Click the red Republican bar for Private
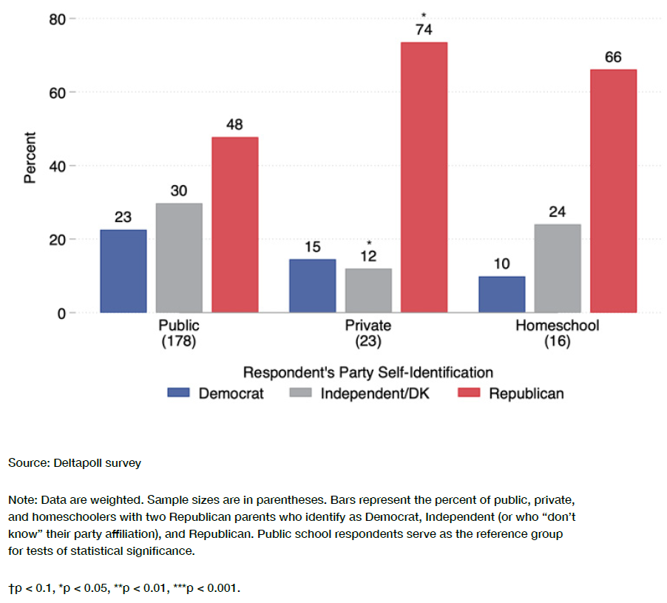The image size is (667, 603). [x=424, y=178]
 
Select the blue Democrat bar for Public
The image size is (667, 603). [x=123, y=271]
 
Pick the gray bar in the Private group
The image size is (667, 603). [x=368, y=290]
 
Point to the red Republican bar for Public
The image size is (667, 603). [x=235, y=224]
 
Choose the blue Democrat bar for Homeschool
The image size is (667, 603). [x=502, y=294]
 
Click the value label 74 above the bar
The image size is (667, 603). [x=424, y=30]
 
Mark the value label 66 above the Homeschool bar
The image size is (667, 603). [x=613, y=57]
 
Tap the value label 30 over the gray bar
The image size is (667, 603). [x=179, y=191]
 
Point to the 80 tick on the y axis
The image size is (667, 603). [x=58, y=19]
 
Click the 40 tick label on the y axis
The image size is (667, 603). [x=58, y=166]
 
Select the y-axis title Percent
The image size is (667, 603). [x=30, y=158]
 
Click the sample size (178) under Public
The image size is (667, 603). [x=179, y=342]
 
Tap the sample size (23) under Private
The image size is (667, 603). [x=368, y=342]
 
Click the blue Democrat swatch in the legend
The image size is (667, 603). [x=179, y=393]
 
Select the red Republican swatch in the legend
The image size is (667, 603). [x=470, y=393]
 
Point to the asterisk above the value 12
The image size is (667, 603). [x=368, y=243]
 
